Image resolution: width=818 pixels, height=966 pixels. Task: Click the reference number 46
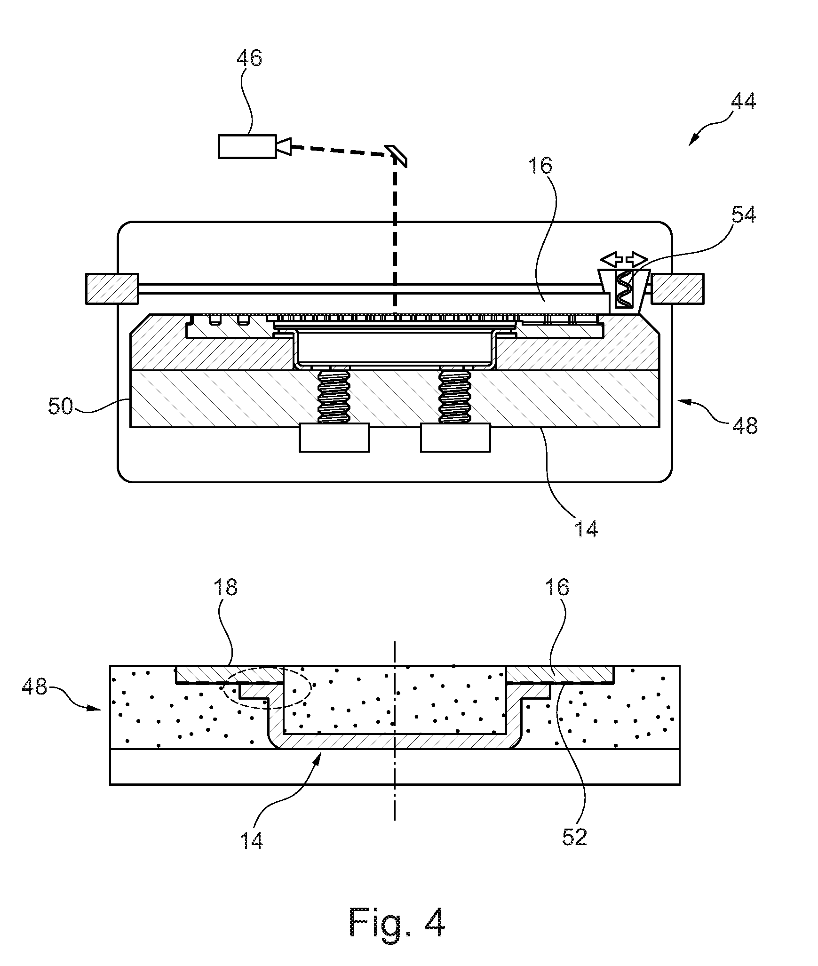point(249,58)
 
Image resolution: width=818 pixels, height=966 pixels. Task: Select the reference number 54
point(743,215)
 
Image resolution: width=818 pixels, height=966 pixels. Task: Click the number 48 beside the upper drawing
point(745,425)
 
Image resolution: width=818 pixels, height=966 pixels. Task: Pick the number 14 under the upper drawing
point(586,529)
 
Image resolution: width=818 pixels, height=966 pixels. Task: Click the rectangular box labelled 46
point(247,146)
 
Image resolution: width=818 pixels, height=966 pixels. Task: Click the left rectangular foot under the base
point(334,438)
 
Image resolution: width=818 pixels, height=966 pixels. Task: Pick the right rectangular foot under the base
point(455,438)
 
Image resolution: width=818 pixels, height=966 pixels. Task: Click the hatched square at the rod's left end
point(112,289)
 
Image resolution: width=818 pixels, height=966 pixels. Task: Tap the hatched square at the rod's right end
point(678,289)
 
